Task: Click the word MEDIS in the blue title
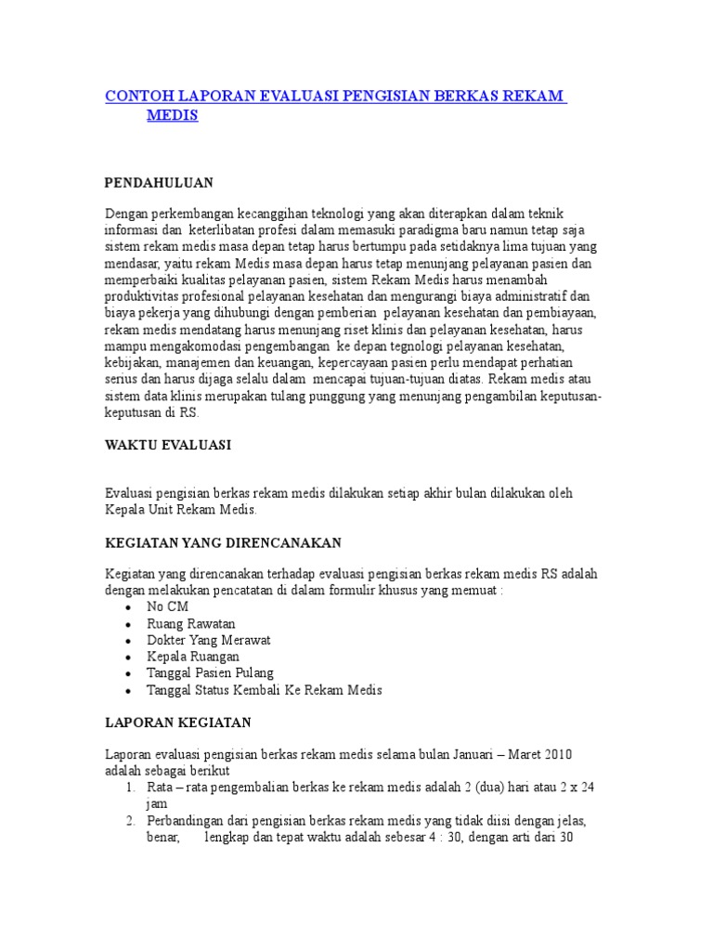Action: tap(173, 115)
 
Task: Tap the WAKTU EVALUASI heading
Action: tap(167, 445)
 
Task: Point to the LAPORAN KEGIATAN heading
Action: tap(177, 722)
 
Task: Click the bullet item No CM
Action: tap(167, 606)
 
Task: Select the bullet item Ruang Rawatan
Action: tap(190, 623)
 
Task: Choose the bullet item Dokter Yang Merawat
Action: tap(208, 640)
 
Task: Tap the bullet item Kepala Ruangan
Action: tap(192, 657)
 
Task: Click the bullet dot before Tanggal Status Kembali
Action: tap(127, 691)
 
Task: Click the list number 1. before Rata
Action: tap(131, 788)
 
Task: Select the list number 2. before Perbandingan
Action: tap(131, 821)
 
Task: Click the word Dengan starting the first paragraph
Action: tap(125, 213)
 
